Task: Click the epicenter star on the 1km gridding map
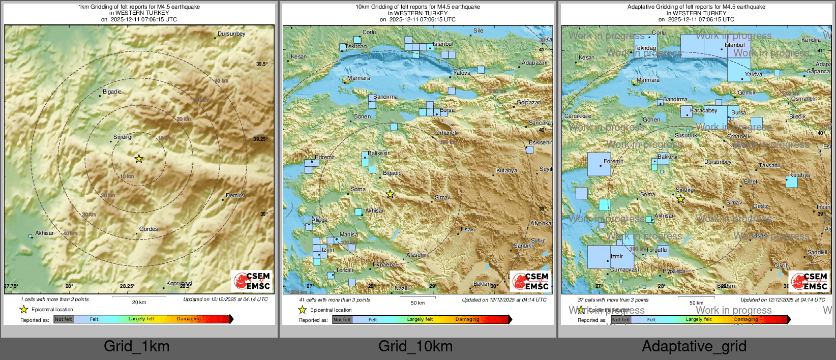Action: tap(139, 159)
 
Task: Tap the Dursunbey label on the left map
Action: tap(231, 34)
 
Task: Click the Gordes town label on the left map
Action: tap(148, 229)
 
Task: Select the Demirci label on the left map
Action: tap(235, 195)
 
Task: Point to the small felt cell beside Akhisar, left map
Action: tap(31, 236)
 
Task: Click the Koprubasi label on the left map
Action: tap(179, 284)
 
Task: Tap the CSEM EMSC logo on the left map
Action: tap(252, 281)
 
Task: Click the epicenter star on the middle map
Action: tap(390, 194)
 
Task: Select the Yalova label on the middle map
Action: tap(462, 73)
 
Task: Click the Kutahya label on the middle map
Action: tap(506, 171)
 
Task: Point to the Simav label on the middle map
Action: tap(442, 198)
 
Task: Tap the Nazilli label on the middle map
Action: tap(402, 289)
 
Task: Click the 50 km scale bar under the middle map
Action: tap(417, 297)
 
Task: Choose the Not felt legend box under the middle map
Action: tap(342, 320)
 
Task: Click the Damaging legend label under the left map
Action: tap(189, 319)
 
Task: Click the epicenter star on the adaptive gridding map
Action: tap(680, 199)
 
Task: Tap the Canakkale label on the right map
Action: tap(578, 116)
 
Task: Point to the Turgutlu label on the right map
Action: tap(656, 250)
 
